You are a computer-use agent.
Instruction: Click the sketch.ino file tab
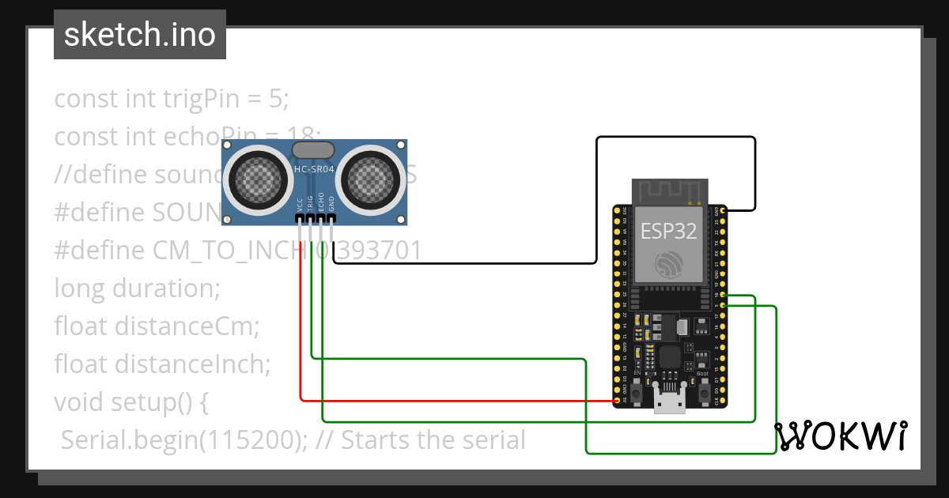pos(139,35)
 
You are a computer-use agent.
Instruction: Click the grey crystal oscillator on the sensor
pos(314,149)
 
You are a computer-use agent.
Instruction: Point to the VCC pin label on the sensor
pos(301,204)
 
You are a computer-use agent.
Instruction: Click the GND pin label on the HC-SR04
pos(332,204)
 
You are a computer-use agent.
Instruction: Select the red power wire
pos(443,400)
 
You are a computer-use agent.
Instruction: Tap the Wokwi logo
pos(840,436)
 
